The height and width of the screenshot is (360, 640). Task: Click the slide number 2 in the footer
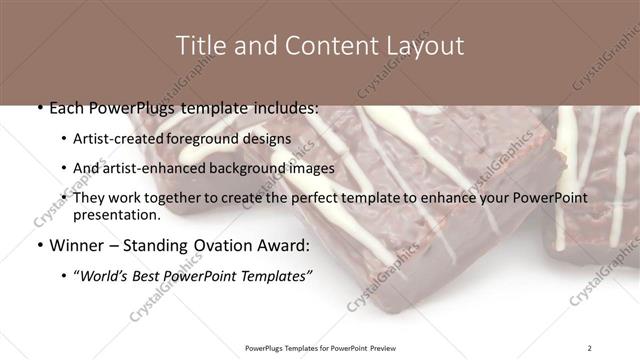click(x=589, y=347)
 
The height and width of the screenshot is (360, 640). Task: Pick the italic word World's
click(x=105, y=275)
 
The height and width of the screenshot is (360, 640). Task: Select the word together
click(x=174, y=198)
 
